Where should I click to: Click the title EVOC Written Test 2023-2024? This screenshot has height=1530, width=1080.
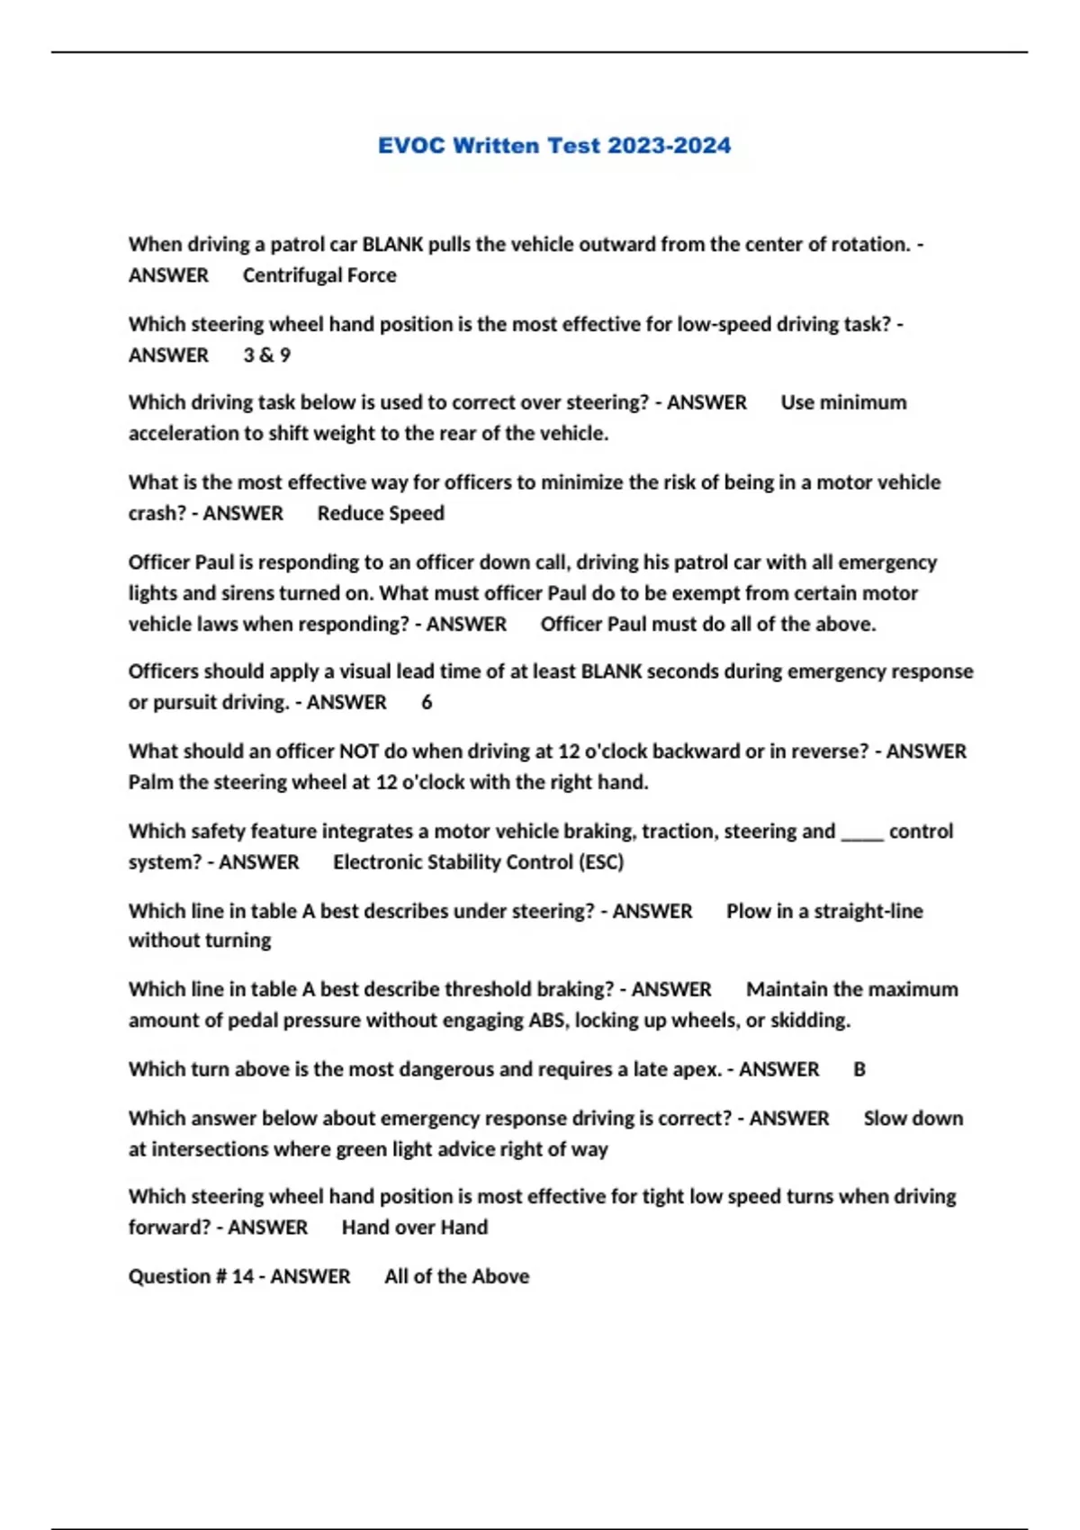point(553,146)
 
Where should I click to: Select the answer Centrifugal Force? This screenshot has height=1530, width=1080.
point(319,275)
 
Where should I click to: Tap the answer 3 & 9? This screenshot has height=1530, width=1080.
point(266,355)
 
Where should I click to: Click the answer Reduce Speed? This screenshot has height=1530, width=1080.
point(381,514)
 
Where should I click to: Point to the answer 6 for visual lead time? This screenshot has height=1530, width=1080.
point(427,703)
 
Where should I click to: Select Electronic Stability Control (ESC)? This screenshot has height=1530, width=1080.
point(478,862)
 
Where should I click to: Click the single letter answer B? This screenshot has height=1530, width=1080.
point(859,1070)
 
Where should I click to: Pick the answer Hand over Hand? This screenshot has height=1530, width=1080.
point(415,1228)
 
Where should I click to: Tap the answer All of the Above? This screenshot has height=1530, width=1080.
point(456,1276)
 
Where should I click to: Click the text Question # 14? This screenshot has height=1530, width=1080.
point(191,1276)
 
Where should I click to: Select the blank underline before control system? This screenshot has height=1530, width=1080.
point(861,832)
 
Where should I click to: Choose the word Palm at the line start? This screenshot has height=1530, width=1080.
point(150,782)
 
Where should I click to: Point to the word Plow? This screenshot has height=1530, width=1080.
point(748,912)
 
